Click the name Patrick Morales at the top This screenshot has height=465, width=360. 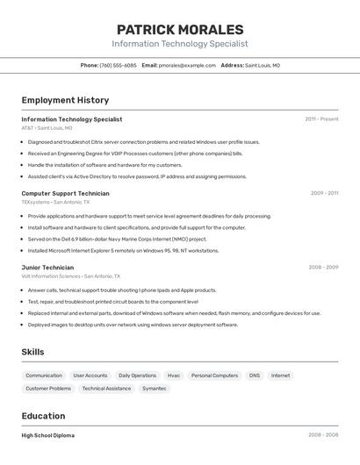click(x=180, y=29)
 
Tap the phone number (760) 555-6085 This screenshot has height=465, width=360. click(x=118, y=65)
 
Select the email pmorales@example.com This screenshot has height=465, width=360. click(x=187, y=65)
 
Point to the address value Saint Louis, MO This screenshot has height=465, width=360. click(x=263, y=65)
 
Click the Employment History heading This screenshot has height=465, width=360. click(x=65, y=100)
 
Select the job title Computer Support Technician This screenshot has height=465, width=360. click(x=65, y=193)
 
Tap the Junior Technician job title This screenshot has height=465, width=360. click(x=47, y=268)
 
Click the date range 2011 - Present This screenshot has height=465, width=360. click(x=321, y=119)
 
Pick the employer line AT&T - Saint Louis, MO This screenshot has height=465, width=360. click(x=47, y=128)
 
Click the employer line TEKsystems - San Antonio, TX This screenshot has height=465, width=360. click(x=55, y=202)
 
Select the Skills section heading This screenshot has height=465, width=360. click(x=32, y=352)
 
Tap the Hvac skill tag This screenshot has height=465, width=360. click(x=174, y=376)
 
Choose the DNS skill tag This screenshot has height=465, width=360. click(x=254, y=376)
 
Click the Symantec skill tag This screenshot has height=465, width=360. click(x=154, y=388)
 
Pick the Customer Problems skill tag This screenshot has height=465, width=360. click(x=48, y=388)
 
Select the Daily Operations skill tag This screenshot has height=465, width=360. click(x=137, y=376)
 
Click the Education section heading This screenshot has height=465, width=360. click(x=43, y=416)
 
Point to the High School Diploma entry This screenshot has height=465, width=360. click(x=47, y=435)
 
